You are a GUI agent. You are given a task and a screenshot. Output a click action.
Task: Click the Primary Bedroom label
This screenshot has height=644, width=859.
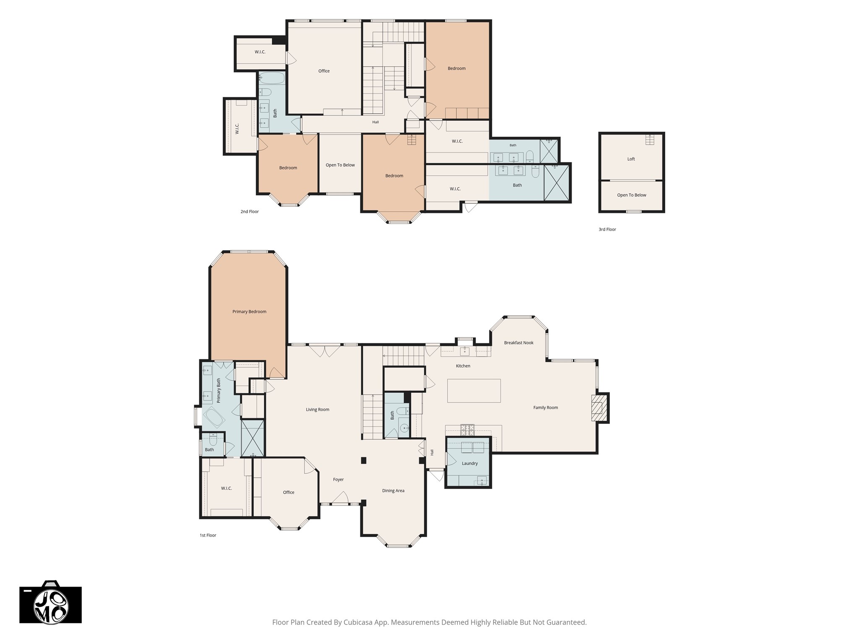249,312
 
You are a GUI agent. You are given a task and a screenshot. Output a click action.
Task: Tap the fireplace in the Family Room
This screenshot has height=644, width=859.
599,408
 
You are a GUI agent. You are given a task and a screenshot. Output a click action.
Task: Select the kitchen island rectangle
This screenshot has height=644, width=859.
474,390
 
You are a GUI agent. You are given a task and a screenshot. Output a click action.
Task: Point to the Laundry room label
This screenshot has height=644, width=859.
470,463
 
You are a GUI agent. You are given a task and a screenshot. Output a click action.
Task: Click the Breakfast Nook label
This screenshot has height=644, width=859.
519,343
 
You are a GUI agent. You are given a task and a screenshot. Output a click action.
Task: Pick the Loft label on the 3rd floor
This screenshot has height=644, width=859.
631,159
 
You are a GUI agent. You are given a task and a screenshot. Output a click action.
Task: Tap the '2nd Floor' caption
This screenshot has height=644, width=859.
250,212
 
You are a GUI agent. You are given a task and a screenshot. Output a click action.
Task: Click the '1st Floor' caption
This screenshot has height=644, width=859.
208,535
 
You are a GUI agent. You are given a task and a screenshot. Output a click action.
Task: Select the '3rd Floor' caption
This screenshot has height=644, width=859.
607,229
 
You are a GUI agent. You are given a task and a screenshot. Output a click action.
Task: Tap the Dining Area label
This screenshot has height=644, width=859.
393,491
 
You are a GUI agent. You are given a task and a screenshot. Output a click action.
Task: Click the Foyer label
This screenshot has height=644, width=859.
338,479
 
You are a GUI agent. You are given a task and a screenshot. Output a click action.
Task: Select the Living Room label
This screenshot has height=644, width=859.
318,410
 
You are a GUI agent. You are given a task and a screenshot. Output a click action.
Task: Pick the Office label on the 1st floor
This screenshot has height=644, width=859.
289,492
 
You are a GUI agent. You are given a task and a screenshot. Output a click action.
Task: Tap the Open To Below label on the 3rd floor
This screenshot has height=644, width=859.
632,195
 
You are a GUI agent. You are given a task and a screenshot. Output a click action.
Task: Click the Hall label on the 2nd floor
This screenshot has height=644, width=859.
375,122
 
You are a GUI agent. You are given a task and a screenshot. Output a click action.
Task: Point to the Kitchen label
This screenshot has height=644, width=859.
463,366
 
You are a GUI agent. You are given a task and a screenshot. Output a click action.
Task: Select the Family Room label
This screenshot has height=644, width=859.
546,408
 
